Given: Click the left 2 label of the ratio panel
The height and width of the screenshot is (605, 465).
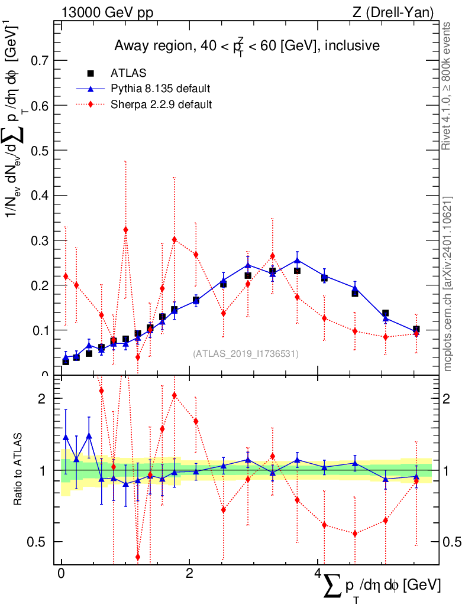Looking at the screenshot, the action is tap(42, 398).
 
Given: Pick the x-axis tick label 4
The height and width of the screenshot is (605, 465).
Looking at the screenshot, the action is tap(317, 573).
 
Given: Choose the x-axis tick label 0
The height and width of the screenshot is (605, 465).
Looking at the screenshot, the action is tap(61, 573).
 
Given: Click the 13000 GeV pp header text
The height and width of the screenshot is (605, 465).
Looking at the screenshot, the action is tap(107, 12).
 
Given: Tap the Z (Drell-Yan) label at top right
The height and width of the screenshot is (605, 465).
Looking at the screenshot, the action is tap(393, 12).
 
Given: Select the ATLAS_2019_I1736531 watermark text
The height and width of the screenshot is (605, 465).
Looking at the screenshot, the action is tap(246, 353).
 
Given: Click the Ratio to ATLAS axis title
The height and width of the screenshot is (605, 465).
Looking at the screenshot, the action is tap(18, 469).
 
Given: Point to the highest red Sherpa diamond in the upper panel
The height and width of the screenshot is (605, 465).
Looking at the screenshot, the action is tap(125, 230).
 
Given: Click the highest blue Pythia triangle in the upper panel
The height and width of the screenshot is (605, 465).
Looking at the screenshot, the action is tap(297, 260).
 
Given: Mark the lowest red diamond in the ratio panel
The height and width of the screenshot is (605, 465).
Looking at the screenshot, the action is tap(138, 557).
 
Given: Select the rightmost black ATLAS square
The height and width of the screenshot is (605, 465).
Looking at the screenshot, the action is tap(416, 329).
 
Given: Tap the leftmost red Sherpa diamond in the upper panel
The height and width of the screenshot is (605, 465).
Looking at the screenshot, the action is tap(66, 276).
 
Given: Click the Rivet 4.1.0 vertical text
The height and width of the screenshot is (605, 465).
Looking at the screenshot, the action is tap(446, 86).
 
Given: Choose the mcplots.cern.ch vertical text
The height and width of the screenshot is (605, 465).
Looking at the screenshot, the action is tap(447, 284).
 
